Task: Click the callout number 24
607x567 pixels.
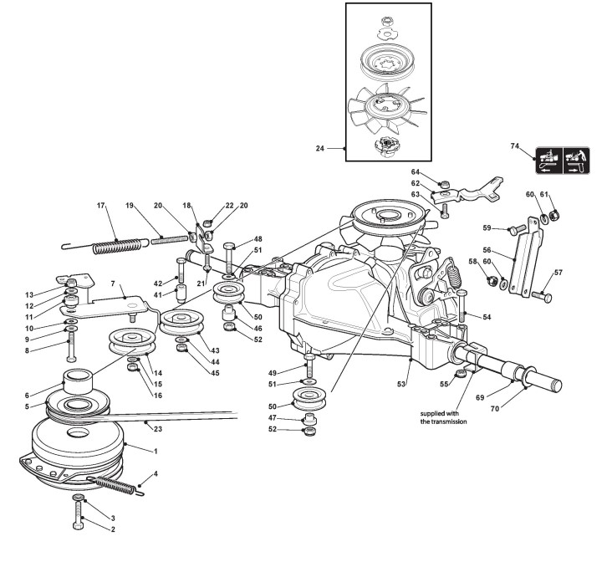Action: coord(319,149)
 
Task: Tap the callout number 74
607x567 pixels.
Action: coord(514,146)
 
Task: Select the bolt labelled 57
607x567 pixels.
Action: coord(542,296)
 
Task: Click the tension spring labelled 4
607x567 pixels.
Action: coord(113,484)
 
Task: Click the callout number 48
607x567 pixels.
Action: coord(258,238)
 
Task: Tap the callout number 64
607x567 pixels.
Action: coord(416,172)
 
